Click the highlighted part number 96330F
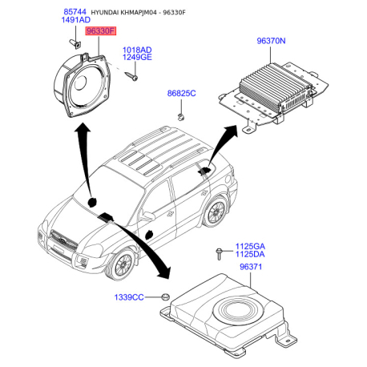tap(100, 31)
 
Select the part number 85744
tap(75, 12)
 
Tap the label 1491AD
tap(76, 20)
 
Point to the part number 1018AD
tap(137, 50)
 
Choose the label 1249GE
tap(137, 57)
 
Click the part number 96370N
tap(271, 41)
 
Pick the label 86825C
tap(181, 93)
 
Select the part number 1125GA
tap(250, 246)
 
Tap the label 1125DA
tap(250, 254)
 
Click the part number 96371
tap(251, 267)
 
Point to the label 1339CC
tap(129, 297)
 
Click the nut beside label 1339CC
tap(165, 296)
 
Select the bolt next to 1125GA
tap(219, 254)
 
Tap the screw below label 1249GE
tap(131, 76)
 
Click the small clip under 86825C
tap(181, 117)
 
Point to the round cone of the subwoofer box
tap(240, 310)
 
